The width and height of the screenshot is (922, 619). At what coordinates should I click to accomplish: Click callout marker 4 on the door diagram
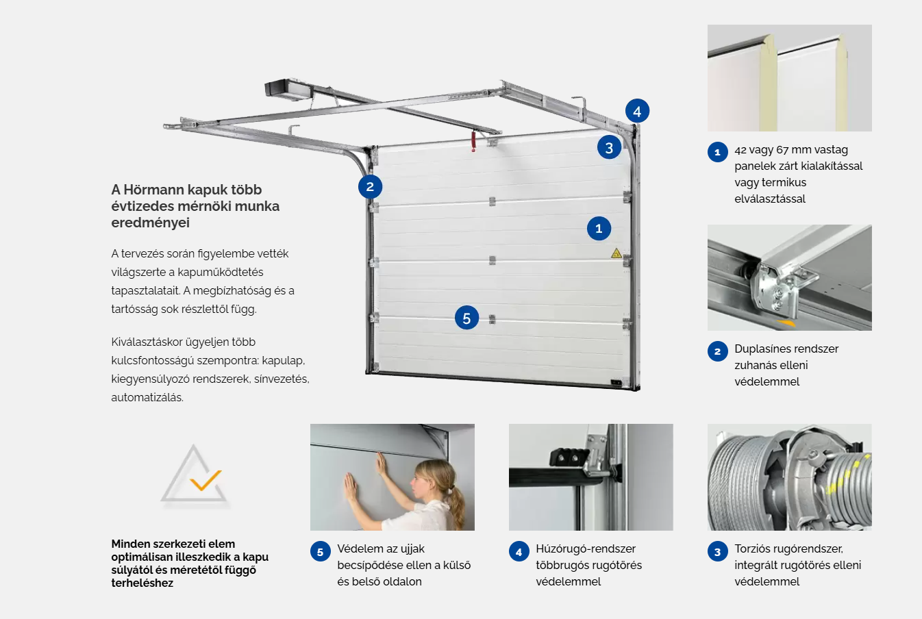tap(637, 111)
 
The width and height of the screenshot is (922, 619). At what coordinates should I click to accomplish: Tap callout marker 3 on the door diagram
tap(609, 148)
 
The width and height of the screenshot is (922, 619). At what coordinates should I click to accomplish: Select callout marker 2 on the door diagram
tap(370, 187)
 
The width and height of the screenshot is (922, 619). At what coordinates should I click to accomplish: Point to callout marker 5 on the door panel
tap(466, 318)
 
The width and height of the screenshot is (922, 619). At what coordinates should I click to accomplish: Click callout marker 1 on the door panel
tap(599, 229)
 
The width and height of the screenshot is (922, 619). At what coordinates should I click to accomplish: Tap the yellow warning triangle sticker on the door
tap(616, 253)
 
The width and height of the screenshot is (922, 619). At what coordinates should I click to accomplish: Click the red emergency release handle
tap(473, 141)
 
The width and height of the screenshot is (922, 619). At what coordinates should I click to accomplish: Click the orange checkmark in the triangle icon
tap(205, 480)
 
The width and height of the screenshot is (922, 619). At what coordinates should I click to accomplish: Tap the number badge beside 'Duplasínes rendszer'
tap(718, 351)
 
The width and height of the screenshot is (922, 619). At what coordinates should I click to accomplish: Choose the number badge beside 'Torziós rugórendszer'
tap(718, 551)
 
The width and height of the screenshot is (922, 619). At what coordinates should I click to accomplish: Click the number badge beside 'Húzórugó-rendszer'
tap(519, 551)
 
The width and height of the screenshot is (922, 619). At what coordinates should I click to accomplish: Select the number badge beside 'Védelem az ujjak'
tap(320, 551)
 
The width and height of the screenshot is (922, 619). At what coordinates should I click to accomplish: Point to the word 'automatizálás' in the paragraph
tap(147, 398)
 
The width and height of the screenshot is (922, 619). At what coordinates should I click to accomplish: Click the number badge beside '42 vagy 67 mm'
tap(718, 152)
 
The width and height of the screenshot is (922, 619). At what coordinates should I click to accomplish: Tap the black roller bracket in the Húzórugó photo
tap(568, 457)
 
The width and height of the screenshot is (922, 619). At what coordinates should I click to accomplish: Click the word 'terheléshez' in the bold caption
tap(142, 583)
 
